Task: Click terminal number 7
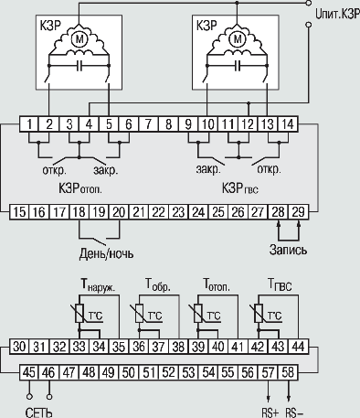point(148,124)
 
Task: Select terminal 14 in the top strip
point(288,124)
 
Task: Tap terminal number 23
point(178,212)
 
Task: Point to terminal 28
point(278,212)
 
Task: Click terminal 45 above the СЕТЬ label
point(29,372)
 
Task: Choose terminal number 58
point(288,372)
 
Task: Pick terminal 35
point(119,347)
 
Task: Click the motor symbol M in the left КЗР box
point(79,39)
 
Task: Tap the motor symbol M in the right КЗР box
point(237,39)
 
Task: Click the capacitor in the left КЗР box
point(79,66)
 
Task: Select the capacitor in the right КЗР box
point(237,66)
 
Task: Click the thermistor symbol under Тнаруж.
point(79,313)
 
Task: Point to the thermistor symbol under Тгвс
point(259,313)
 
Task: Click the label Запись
point(288,250)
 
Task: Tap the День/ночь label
point(106,253)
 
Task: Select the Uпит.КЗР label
point(337,14)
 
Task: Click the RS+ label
point(270,413)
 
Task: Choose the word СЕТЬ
point(39,413)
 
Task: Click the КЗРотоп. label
point(80,188)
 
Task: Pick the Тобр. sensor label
point(158,284)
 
